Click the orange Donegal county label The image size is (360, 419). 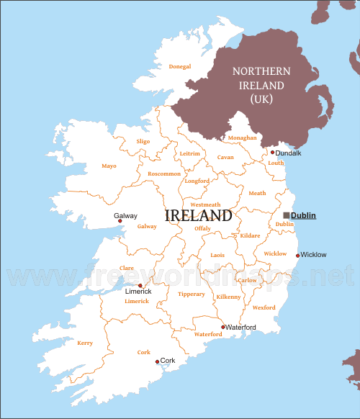click(179, 67)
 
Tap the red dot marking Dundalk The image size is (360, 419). click(272, 153)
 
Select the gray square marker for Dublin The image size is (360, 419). click(286, 215)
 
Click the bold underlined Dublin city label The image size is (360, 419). click(303, 215)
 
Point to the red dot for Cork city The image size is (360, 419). click(157, 361)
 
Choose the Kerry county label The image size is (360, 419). click(84, 343)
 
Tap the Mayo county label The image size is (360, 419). click(109, 166)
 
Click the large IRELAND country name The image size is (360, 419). click(198, 215)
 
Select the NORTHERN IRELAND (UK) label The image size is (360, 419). click(260, 85)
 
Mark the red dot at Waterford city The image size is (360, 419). click(222, 327)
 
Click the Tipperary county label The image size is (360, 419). click(191, 294)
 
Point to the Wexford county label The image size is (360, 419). click(264, 307)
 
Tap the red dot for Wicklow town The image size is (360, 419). click(297, 255)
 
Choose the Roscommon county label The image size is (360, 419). click(164, 174)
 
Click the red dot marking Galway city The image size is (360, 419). click(120, 221)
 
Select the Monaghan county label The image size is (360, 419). click(242, 138)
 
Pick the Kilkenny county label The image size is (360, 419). click(229, 297)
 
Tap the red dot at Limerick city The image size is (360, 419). click(140, 286)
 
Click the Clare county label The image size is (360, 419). click(127, 268)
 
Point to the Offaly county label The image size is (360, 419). click(202, 228)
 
